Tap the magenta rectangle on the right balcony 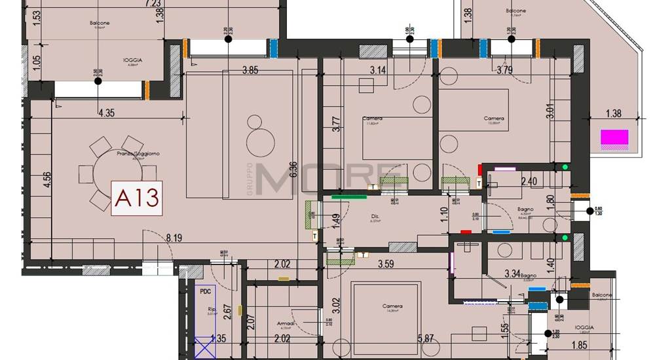click(x=614, y=138)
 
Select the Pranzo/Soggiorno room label click(x=128, y=154)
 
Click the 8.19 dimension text click(x=174, y=239)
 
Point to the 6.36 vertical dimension click(x=293, y=171)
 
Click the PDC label click(x=207, y=293)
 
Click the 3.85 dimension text click(x=250, y=70)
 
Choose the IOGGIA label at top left click(x=132, y=60)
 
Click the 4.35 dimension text click(x=106, y=113)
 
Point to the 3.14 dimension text click(x=379, y=70)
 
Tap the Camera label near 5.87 click(x=393, y=306)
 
